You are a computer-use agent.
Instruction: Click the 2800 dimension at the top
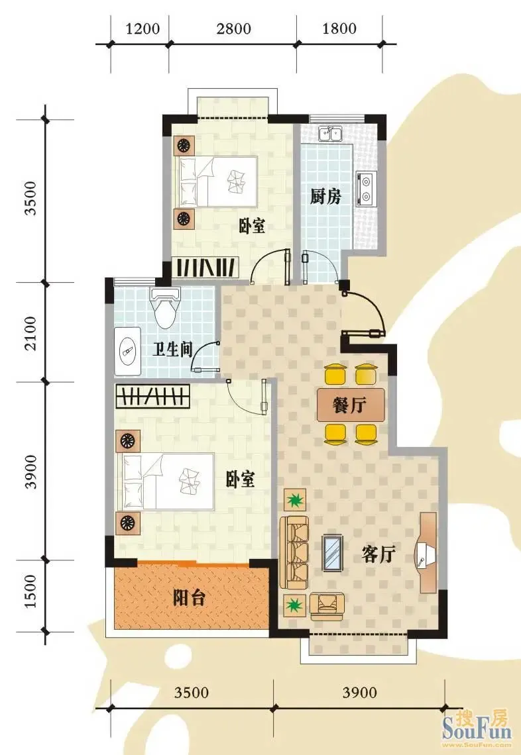click(x=233, y=28)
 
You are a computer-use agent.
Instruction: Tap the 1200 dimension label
click(x=143, y=28)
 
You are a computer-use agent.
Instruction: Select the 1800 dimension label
click(x=339, y=28)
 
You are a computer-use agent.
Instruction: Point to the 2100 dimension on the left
click(x=30, y=332)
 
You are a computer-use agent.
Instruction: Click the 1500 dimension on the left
click(x=30, y=591)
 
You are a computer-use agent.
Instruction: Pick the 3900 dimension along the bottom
click(x=359, y=692)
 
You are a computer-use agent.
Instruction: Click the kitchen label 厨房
click(x=325, y=196)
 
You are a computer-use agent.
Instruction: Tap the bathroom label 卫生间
click(x=172, y=349)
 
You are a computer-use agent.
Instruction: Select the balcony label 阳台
click(x=189, y=597)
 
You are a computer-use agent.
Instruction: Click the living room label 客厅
click(x=379, y=554)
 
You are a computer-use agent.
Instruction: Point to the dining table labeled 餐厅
click(x=351, y=405)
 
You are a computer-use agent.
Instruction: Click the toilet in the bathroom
click(x=165, y=307)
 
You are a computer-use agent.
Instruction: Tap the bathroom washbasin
click(x=128, y=352)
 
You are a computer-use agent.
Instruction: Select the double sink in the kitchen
click(x=330, y=133)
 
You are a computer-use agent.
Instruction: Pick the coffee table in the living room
click(x=333, y=553)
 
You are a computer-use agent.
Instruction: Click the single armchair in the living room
click(x=327, y=606)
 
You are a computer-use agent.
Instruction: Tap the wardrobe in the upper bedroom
click(x=205, y=267)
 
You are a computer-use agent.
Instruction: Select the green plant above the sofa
click(x=294, y=500)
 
